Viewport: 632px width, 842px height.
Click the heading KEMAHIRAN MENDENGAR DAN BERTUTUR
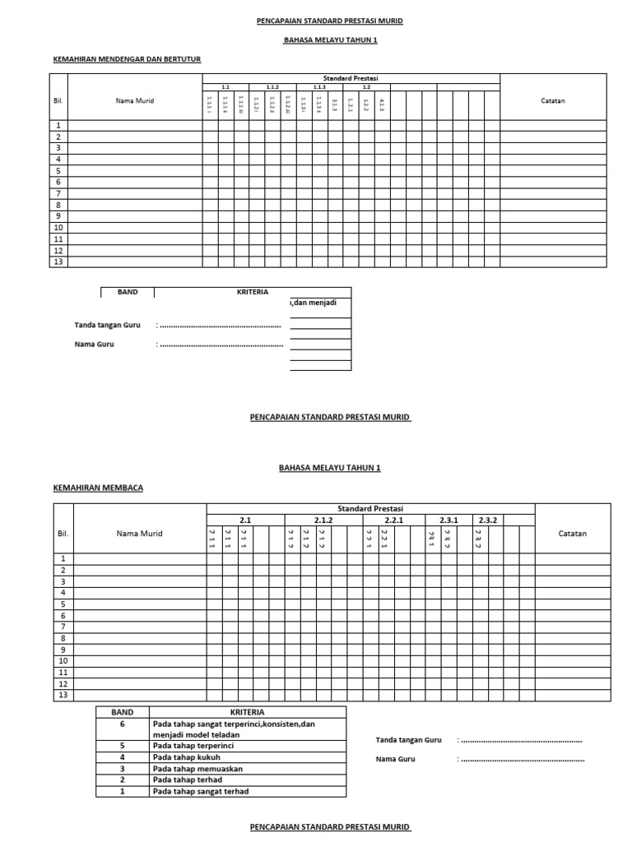tap(127, 59)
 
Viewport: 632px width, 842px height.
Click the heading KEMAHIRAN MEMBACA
tap(98, 488)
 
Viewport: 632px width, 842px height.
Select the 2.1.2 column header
tap(323, 520)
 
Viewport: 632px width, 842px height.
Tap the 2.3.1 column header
tap(448, 520)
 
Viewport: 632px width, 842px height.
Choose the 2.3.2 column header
tap(487, 520)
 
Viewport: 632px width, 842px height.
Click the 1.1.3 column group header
tap(318, 86)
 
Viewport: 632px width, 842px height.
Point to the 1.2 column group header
tap(366, 86)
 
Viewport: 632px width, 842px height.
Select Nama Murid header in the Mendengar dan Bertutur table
tap(135, 101)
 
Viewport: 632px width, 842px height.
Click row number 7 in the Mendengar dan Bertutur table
tap(58, 193)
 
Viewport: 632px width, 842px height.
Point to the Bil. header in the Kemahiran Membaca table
tap(63, 534)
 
